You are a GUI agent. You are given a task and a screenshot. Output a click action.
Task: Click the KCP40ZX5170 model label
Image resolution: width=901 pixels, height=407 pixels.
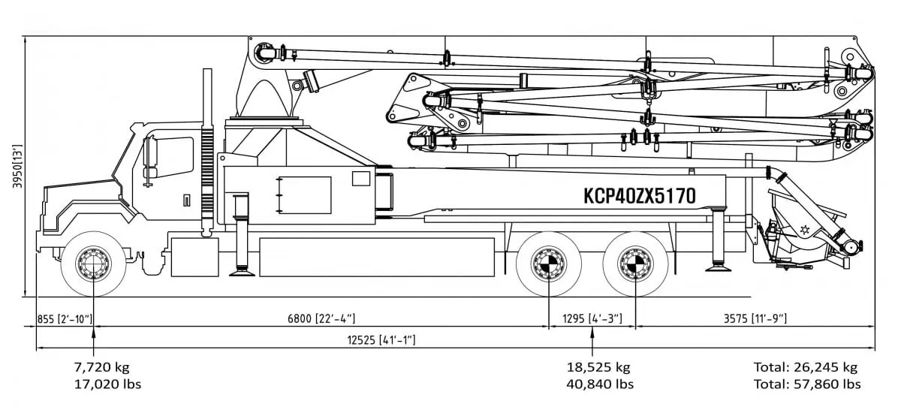639,196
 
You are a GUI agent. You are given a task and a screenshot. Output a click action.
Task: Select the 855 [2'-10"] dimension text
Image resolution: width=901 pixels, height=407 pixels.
65,319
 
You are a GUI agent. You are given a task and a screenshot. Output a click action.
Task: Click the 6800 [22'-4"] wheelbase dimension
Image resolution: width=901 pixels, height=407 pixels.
321,319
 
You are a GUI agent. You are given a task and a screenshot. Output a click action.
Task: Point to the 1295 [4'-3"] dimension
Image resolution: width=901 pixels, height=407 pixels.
592,319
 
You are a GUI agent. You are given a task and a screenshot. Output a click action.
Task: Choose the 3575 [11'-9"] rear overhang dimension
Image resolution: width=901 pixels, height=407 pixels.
755,319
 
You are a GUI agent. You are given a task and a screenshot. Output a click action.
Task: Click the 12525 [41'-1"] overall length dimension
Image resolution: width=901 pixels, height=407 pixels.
381,340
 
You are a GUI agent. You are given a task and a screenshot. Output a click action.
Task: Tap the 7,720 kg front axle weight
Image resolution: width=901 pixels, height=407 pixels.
101,367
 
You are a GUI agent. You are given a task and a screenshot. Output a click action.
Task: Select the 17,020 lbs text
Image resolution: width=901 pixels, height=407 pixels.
107,384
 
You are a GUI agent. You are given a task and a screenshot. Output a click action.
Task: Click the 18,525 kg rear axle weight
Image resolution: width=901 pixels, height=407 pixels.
598,367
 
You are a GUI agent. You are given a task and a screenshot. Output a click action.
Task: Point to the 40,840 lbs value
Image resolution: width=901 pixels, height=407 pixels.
600,384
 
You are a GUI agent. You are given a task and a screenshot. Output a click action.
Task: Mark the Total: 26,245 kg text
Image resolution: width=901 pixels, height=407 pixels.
806,367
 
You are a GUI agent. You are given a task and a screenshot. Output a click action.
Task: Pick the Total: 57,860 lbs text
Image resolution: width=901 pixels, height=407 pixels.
807,384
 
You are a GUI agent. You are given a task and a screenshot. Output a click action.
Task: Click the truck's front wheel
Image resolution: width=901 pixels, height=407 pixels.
94,264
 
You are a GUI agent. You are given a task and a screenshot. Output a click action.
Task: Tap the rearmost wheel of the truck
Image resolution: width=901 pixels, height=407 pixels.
636,264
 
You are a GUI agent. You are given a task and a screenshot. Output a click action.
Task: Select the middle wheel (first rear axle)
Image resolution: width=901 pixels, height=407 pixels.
549,264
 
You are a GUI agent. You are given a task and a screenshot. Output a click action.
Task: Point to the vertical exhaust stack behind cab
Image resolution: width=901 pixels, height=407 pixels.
206,150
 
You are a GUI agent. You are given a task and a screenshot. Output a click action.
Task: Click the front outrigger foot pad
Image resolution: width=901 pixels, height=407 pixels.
242,271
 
